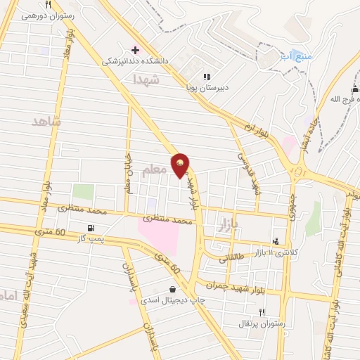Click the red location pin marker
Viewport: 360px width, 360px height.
pos(181,165)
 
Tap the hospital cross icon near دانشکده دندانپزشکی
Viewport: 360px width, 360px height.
pos(135,51)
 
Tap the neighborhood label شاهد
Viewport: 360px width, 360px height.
pos(47,122)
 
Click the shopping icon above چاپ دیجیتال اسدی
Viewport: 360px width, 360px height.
pos(172,289)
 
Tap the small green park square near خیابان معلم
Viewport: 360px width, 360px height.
pos(83,191)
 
